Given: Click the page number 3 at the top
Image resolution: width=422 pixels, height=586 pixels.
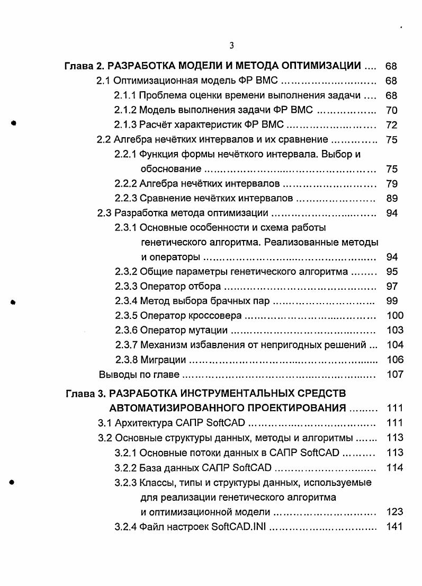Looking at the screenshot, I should (x=232, y=46).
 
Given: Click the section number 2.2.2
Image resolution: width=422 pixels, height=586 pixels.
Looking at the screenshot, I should (x=125, y=184).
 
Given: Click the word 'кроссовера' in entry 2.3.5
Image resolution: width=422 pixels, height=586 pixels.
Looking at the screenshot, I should (x=217, y=316).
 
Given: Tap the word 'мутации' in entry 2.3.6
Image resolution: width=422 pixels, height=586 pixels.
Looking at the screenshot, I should (x=210, y=331).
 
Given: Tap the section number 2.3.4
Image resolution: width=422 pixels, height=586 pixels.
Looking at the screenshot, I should (x=125, y=301).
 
